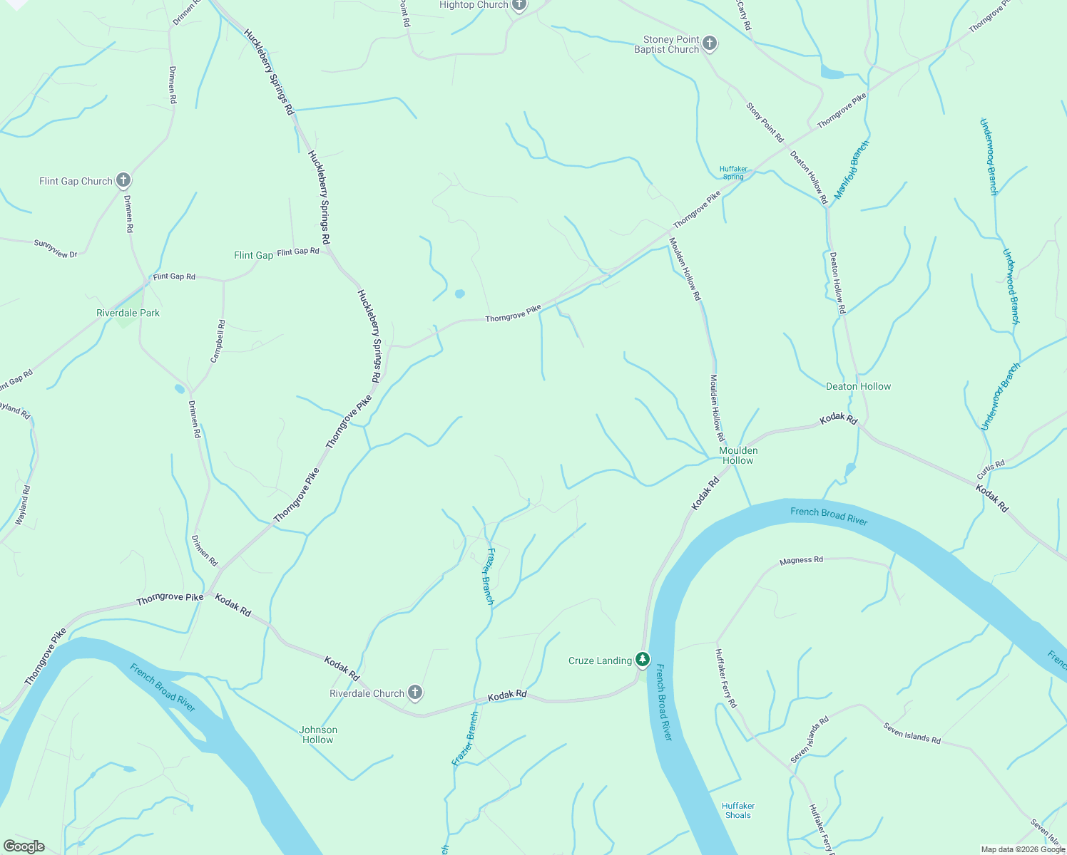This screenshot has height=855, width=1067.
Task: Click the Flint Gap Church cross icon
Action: coord(123,180)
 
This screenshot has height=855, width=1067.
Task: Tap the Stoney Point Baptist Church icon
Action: coord(709,44)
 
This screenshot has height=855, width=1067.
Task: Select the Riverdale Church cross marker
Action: coord(414,693)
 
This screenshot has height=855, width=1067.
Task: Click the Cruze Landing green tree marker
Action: coord(643,660)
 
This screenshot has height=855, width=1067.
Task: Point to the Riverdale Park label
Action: coord(128,313)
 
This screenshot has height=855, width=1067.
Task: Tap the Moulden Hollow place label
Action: coord(738,455)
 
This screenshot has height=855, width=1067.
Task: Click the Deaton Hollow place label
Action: coord(858,386)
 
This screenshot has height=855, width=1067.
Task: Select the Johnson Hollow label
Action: coord(318,735)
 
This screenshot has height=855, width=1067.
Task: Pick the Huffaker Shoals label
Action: coord(737,810)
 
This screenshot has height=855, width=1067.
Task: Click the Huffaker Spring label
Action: coord(733,172)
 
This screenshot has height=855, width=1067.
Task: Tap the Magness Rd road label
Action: coord(801,560)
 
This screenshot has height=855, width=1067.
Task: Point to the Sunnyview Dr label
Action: coord(56,249)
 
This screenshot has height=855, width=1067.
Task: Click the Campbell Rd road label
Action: coord(218,341)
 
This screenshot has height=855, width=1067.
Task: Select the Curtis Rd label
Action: coord(991,470)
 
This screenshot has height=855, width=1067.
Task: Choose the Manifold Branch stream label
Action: coord(852,170)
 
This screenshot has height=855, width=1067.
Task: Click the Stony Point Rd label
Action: coord(765,122)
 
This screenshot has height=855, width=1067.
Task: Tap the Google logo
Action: coord(24,846)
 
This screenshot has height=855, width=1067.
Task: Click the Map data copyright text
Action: coord(1023,849)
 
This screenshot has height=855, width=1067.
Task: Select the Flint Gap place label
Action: coord(253,255)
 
